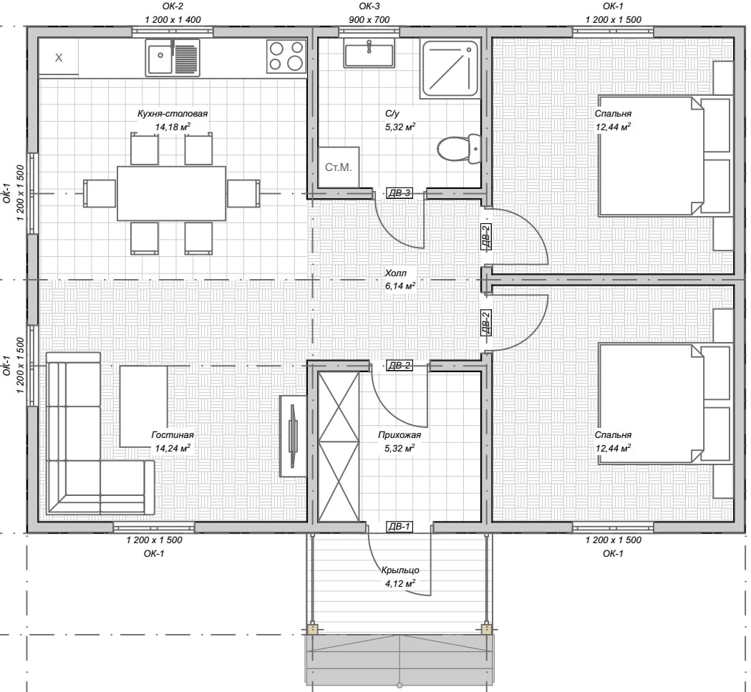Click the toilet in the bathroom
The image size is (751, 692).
[x=459, y=148]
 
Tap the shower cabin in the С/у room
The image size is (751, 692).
[x=450, y=69]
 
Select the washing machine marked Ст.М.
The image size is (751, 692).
[x=339, y=167]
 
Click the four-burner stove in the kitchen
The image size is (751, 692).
[x=286, y=56]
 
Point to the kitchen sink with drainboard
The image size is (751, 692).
[x=173, y=57]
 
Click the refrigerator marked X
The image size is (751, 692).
[x=59, y=57]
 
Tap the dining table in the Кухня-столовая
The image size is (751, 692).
[x=172, y=193]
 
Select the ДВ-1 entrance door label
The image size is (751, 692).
[x=399, y=527]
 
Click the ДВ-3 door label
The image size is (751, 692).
[x=399, y=193]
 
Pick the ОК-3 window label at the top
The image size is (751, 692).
[x=369, y=6]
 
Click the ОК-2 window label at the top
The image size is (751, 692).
[x=173, y=6]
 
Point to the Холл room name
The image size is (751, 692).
[x=396, y=273]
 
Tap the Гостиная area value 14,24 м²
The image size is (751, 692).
[x=173, y=448]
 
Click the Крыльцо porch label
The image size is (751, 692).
[x=400, y=570]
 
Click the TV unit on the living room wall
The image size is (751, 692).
[x=293, y=436]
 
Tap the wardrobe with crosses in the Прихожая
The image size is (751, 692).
[x=339, y=447]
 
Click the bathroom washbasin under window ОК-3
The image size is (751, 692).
[x=369, y=53]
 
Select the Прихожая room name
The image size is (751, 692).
[x=399, y=435]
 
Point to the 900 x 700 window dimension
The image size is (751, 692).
[x=369, y=19]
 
